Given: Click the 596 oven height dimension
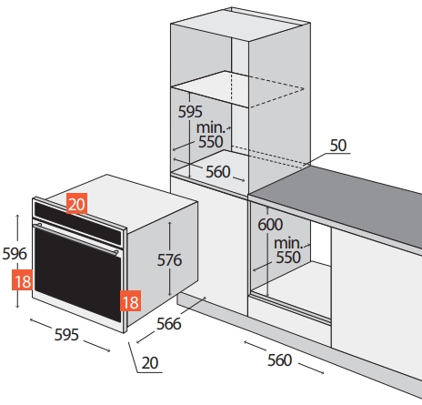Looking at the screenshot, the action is (15, 254).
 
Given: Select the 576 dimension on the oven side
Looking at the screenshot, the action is (169, 260).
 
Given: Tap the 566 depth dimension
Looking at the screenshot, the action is (169, 324).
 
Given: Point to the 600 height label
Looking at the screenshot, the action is (270, 225).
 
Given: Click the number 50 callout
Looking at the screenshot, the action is (338, 146).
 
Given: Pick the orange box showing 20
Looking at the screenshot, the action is (76, 204).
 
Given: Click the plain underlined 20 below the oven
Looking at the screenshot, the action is (150, 363).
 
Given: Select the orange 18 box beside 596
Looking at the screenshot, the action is (23, 280).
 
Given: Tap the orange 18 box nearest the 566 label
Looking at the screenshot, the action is (131, 300).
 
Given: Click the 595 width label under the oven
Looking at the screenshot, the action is (66, 335).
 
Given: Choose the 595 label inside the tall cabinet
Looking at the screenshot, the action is (190, 112).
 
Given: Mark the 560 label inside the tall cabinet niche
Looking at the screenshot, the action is (218, 172).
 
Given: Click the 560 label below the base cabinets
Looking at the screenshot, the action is (280, 360).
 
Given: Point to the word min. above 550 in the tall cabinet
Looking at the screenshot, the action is (211, 127).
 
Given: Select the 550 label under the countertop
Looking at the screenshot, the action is (288, 258).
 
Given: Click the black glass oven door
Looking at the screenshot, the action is (78, 275).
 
